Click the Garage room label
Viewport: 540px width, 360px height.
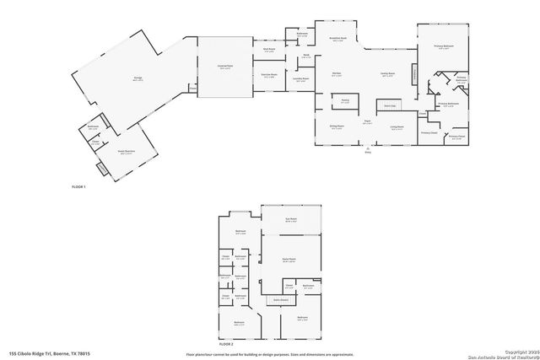click(x=137, y=78)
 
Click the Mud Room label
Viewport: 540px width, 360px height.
click(x=269, y=49)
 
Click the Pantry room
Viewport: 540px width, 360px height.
click(x=345, y=100)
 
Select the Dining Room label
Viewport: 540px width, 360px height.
click(x=336, y=128)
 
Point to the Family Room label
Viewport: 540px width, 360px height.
click(x=387, y=75)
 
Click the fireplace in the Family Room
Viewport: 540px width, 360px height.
click(x=413, y=75)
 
